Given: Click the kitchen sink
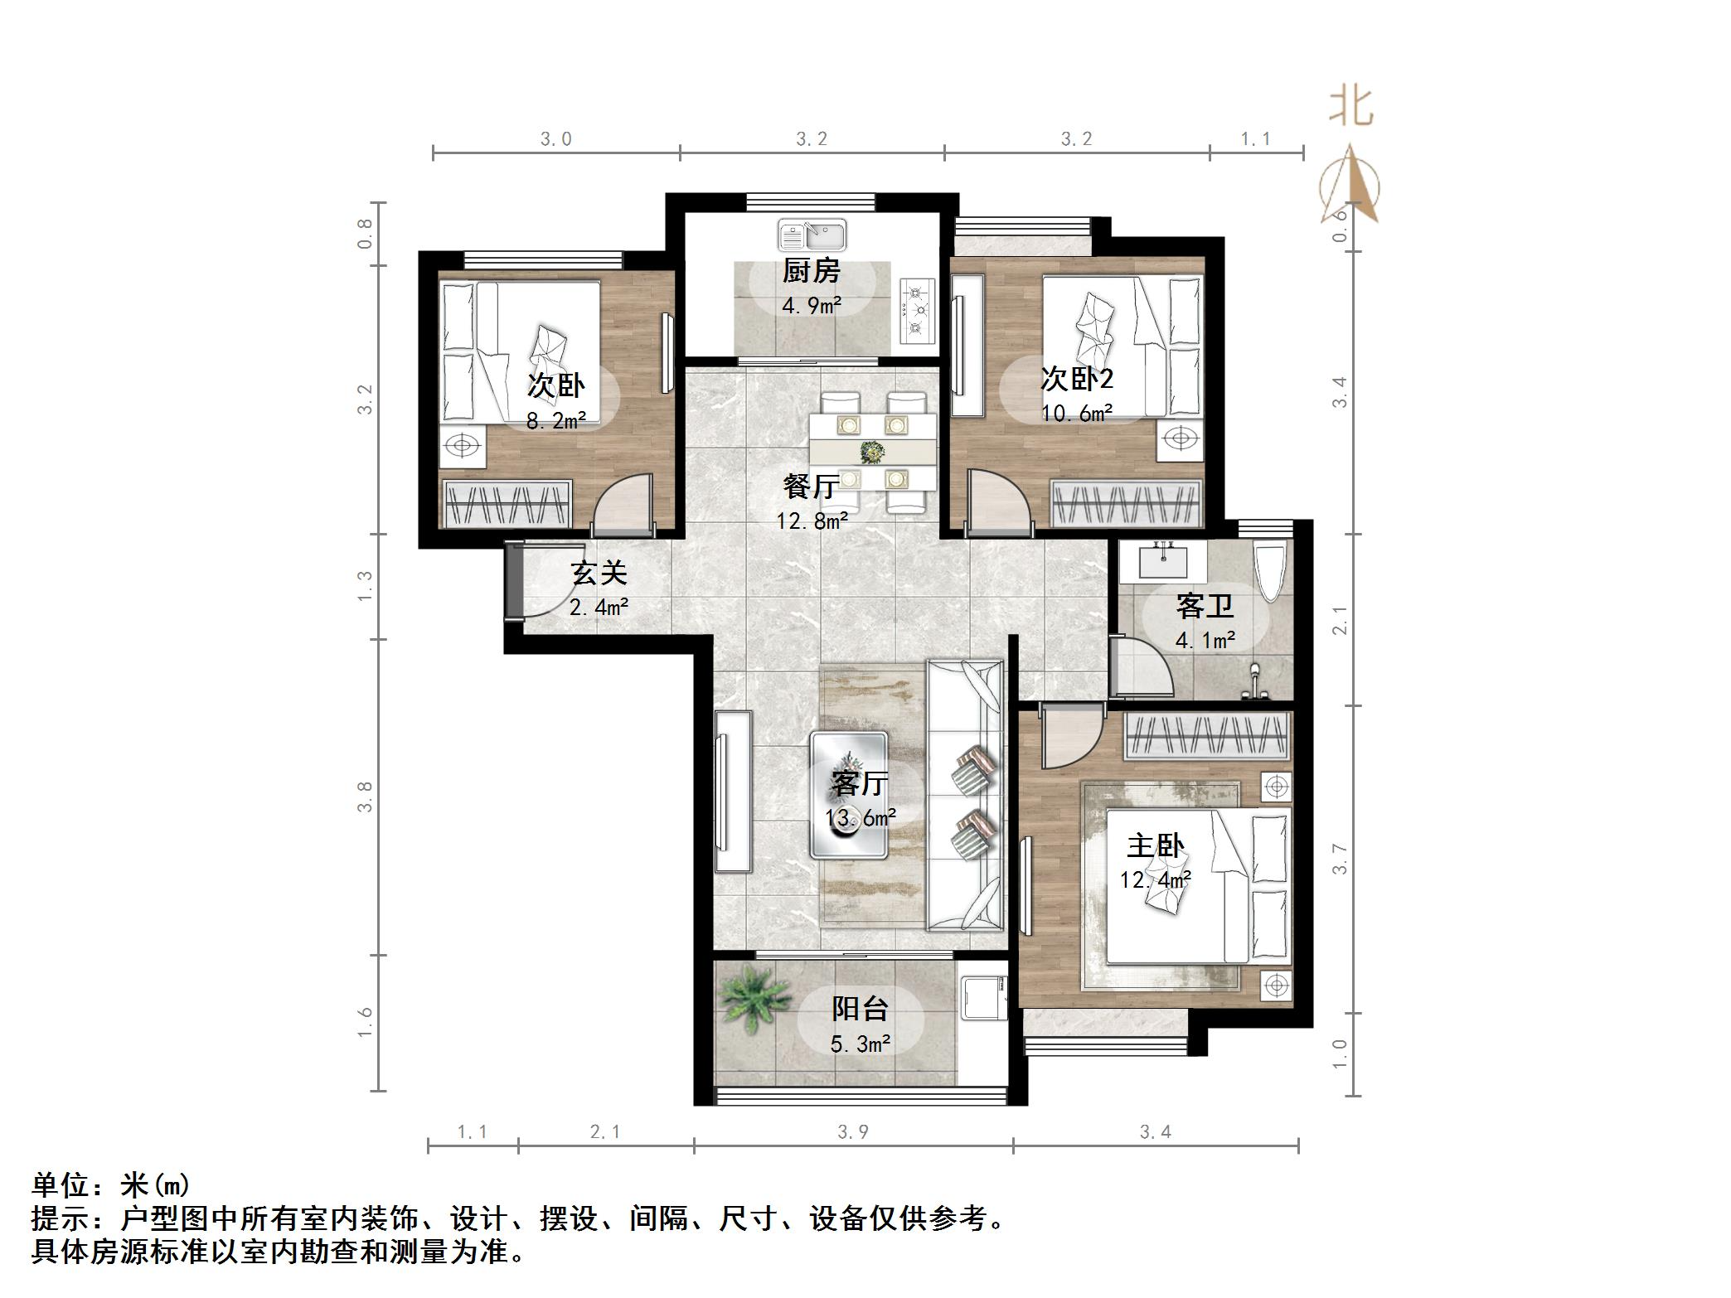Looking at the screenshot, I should click(812, 235).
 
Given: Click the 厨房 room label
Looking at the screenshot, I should click(812, 271).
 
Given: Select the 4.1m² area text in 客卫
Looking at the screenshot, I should click(1205, 640).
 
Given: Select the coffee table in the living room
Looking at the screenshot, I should click(850, 794).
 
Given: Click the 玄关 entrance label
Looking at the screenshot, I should click(599, 573).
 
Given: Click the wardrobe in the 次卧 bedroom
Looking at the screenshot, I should click(507, 503).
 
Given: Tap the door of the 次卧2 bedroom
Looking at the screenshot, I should click(997, 500).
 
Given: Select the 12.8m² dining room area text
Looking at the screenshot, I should click(812, 521).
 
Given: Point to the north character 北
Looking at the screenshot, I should click(1350, 108).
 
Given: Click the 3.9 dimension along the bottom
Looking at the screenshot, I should click(852, 1132).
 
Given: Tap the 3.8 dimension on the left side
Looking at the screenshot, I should click(365, 797).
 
